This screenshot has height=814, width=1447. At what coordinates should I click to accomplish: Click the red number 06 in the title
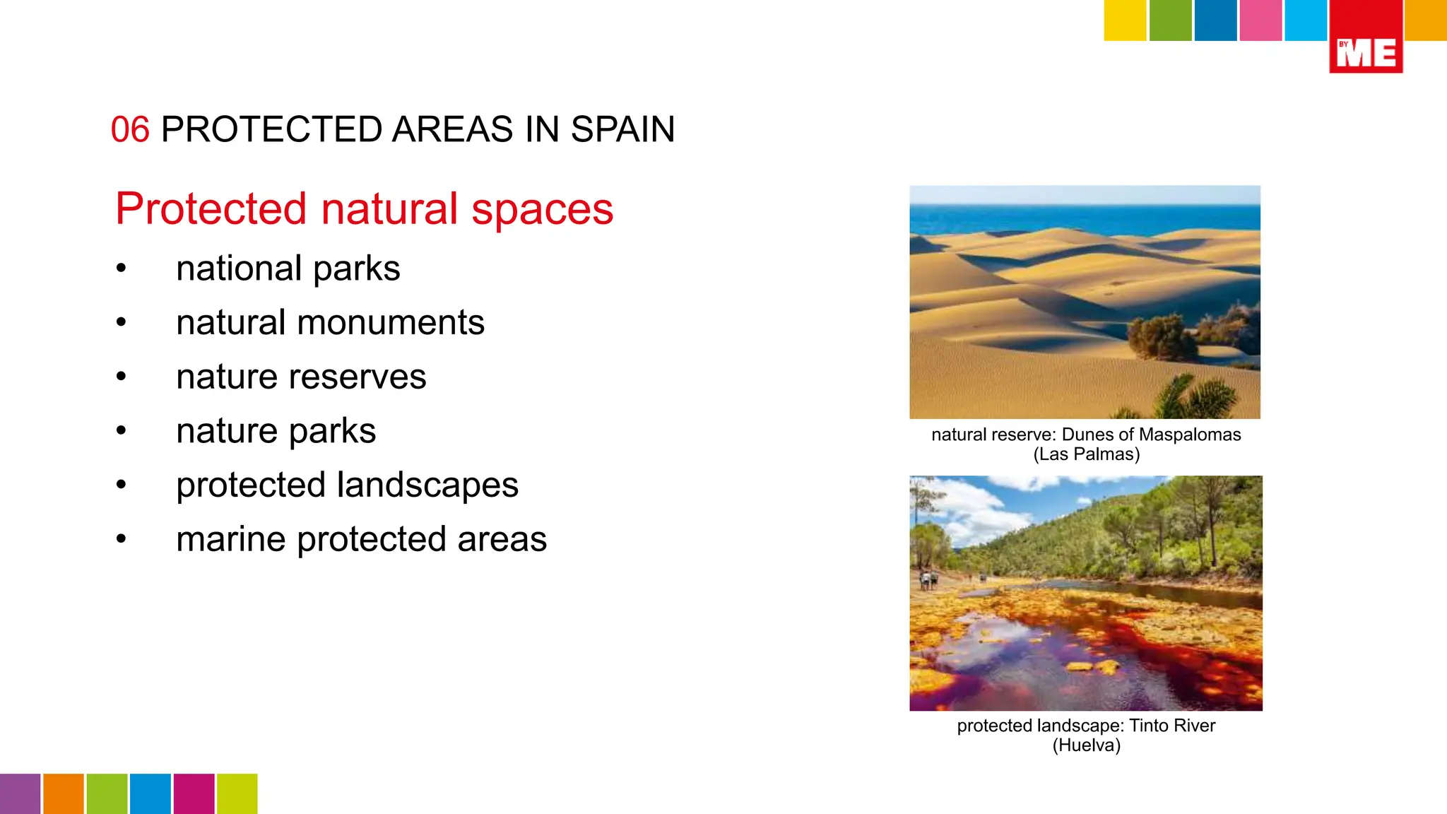pos(130,130)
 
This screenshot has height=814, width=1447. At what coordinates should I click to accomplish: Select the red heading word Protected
pos(211,209)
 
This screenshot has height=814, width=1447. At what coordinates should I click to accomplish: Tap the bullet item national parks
pos(288,269)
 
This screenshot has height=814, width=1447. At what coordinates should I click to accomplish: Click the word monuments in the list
pos(390,323)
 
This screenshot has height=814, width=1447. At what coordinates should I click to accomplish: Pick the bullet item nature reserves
pos(301,377)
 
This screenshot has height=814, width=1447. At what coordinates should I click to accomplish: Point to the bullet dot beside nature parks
pos(122,430)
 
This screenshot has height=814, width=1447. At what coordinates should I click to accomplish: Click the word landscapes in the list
pos(427,485)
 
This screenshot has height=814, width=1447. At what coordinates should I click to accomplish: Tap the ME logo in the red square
pos(1366,53)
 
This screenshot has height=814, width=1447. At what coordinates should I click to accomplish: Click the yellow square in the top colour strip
pos(1125,20)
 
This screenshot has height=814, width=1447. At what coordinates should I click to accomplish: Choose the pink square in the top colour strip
pos(1260,20)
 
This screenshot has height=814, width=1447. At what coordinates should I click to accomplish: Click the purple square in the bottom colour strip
pos(20,794)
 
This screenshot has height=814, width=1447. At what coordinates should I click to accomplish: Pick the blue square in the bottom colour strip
pos(150,794)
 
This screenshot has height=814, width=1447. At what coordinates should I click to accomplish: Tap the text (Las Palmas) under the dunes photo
pos(1087,454)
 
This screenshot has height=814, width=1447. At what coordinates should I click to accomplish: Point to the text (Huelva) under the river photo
pos(1087,745)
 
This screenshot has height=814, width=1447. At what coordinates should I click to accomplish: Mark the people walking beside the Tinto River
pos(928,580)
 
